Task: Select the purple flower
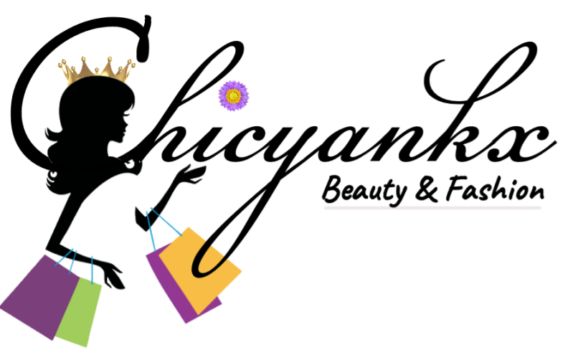233,95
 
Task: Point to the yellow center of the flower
233,95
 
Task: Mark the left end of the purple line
326,208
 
